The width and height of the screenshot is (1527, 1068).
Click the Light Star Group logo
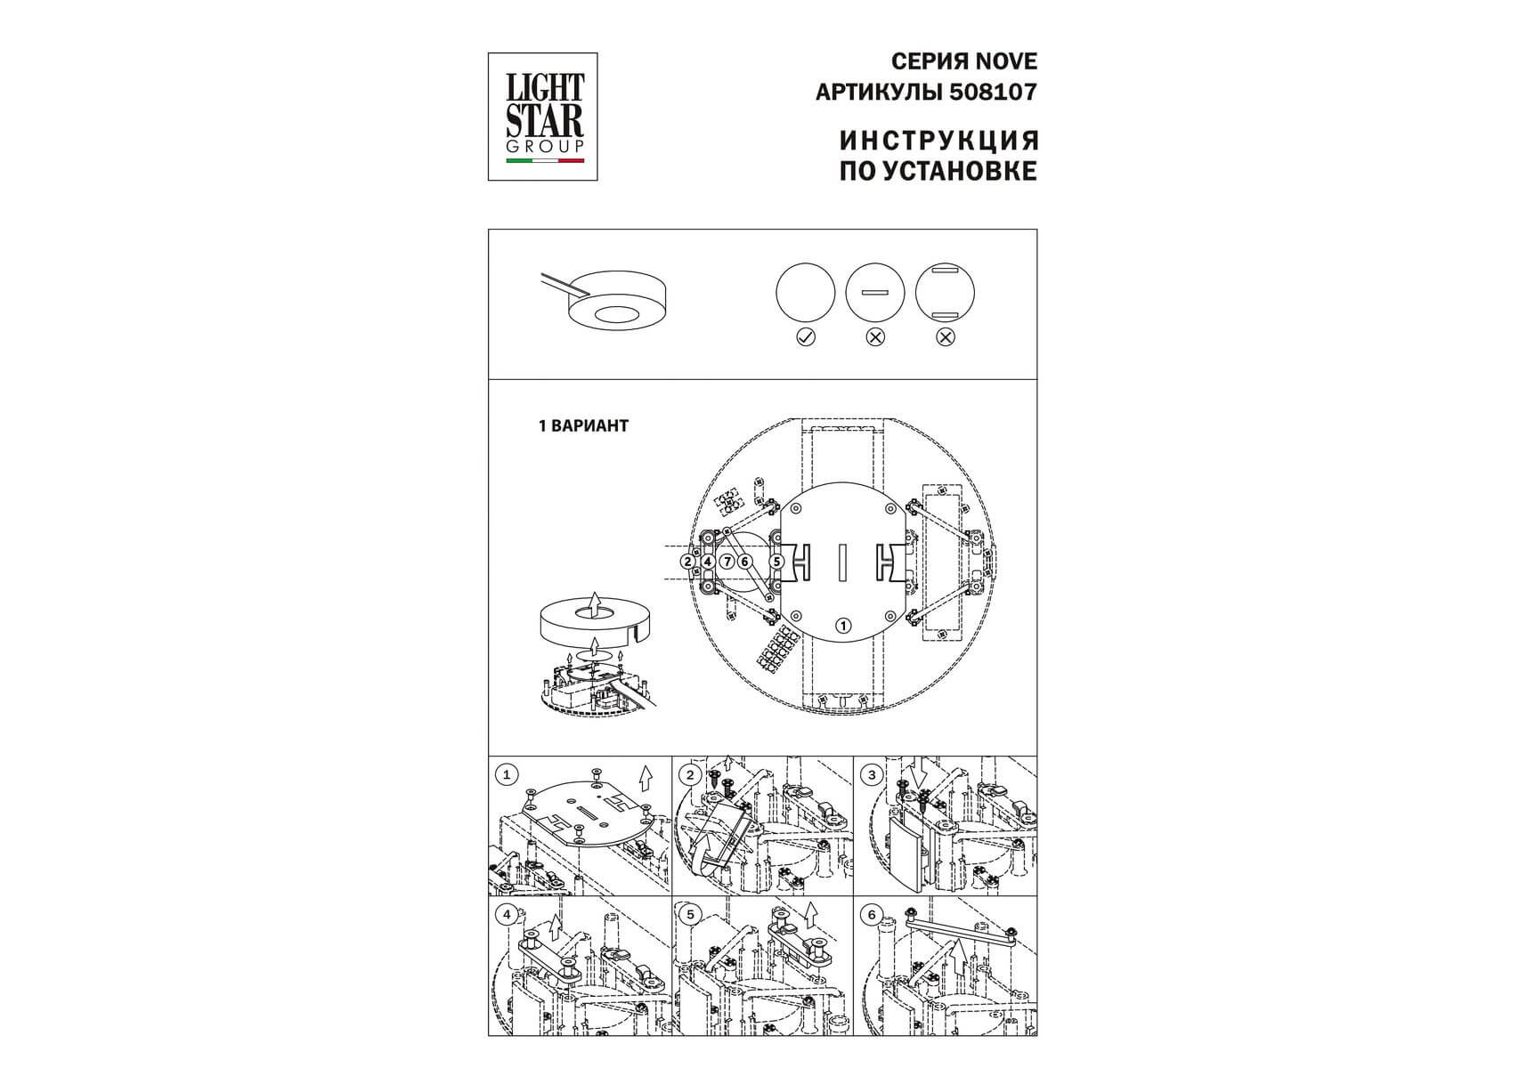(542, 117)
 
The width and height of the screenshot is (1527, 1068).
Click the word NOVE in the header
(1006, 61)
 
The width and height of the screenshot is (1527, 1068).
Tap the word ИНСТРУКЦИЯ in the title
(939, 141)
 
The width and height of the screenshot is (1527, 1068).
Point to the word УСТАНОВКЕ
(963, 171)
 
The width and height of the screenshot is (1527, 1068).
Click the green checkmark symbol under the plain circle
(806, 337)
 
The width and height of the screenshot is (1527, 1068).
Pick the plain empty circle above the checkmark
(806, 292)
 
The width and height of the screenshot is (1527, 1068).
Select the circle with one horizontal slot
(875, 292)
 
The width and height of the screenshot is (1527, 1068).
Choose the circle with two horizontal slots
(946, 292)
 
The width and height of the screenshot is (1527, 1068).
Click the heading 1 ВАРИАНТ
(583, 426)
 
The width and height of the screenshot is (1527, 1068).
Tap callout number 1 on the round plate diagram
(843, 626)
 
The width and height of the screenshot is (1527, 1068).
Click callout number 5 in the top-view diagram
(777, 562)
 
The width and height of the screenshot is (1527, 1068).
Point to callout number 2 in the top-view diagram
(688, 562)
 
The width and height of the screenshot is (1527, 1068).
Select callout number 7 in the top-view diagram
(727, 562)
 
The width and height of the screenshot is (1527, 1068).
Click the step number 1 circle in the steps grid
(507, 774)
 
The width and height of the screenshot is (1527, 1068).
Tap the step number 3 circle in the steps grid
(872, 774)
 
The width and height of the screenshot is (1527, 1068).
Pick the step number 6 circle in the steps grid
(872, 914)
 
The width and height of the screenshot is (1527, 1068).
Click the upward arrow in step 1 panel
(646, 777)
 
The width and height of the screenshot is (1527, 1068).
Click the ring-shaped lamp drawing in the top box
(617, 301)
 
